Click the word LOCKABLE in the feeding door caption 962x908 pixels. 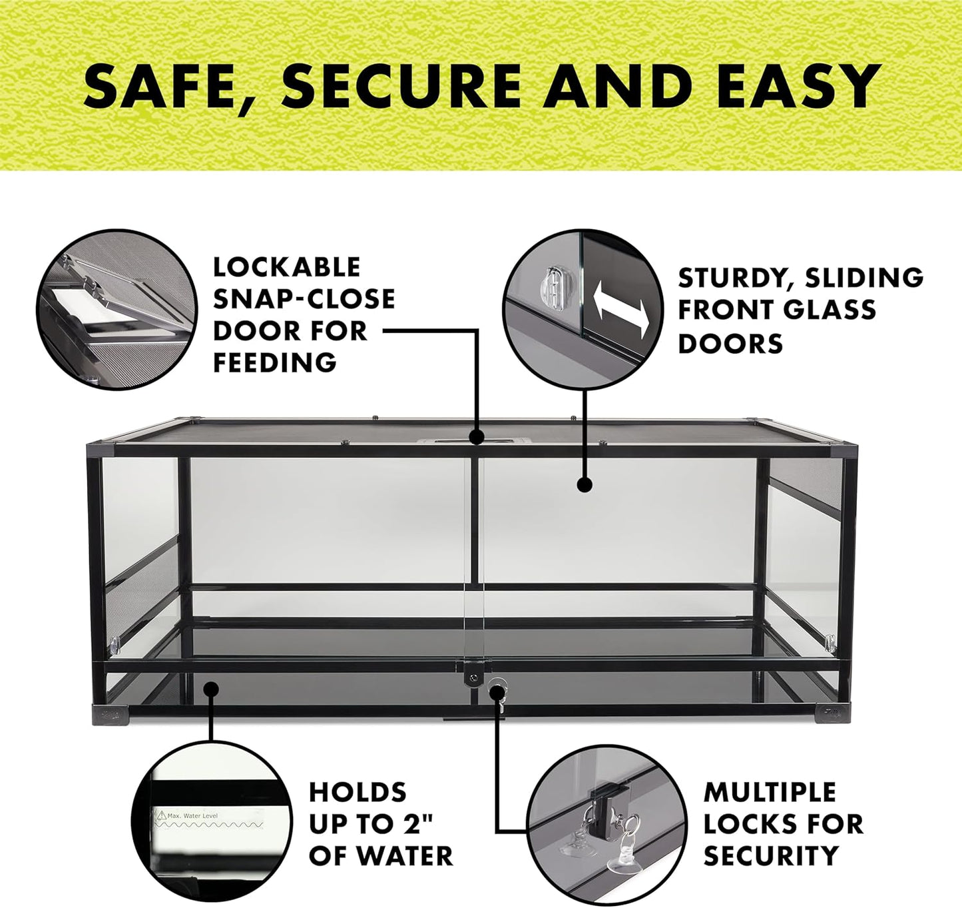tap(286, 267)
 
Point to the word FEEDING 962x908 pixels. tap(275, 363)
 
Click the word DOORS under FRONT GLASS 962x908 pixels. tap(730, 344)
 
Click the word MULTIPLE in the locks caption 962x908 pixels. tap(770, 793)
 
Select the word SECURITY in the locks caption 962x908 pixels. tap(771, 855)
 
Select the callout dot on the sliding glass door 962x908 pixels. tap(585, 484)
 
